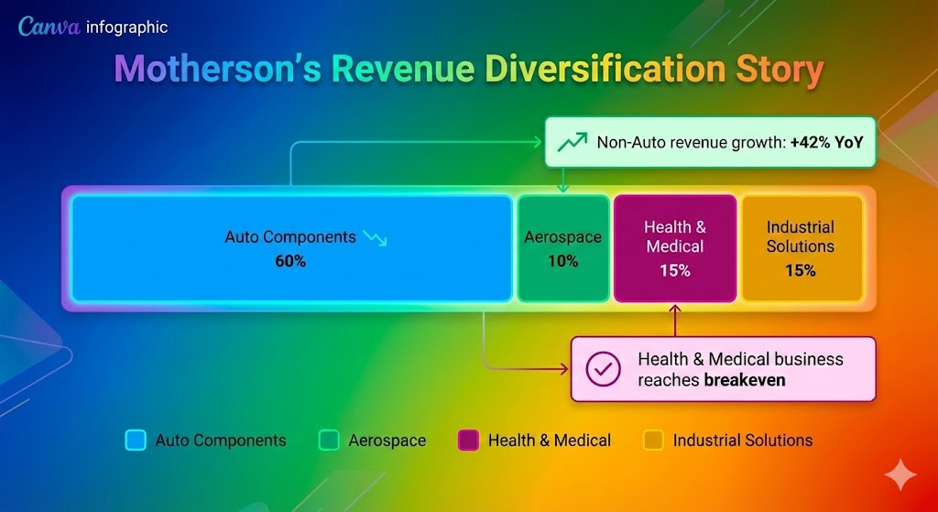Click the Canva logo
[x=49, y=27]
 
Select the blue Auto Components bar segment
[x=291, y=248]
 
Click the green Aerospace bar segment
[x=563, y=248]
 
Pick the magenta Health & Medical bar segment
[x=675, y=248]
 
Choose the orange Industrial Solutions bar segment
[x=801, y=248]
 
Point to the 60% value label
[x=290, y=261]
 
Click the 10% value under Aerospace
[x=563, y=261]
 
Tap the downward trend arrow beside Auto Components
[x=375, y=238]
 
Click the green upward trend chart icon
[x=573, y=142]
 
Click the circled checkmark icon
[x=603, y=369]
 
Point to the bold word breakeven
[x=745, y=379]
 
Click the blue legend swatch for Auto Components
[x=135, y=441]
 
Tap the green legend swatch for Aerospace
[x=328, y=441]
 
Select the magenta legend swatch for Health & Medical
[x=467, y=441]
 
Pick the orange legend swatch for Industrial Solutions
[x=653, y=441]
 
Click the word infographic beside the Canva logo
[x=126, y=27]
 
